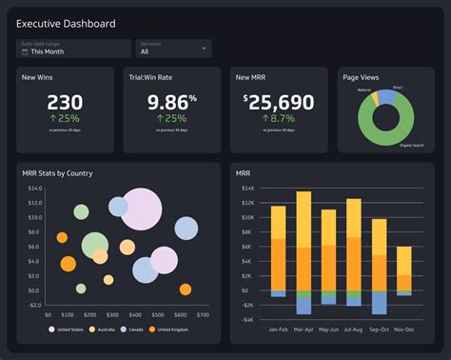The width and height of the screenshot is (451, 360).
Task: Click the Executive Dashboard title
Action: (x=67, y=23)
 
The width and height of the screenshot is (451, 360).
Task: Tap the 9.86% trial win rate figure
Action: (x=172, y=102)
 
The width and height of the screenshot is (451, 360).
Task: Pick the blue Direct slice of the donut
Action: (x=386, y=95)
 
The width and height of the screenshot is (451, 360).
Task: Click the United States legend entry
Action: (x=70, y=330)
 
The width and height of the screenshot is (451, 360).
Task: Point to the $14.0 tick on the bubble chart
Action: (x=35, y=189)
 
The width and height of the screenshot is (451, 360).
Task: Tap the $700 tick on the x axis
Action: (x=203, y=314)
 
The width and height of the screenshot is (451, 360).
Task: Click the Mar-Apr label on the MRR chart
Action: (x=304, y=330)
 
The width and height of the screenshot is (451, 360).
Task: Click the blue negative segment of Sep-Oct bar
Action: (x=379, y=303)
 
